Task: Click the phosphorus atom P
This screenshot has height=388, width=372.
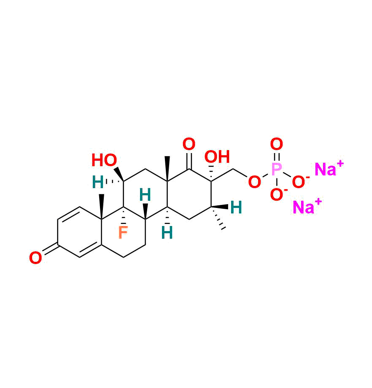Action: pyautogui.click(x=276, y=170)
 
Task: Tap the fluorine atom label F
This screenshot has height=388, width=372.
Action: pyautogui.click(x=123, y=232)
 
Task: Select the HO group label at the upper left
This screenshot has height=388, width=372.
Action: pyautogui.click(x=104, y=160)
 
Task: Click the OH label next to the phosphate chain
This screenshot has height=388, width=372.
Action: pyautogui.click(x=217, y=156)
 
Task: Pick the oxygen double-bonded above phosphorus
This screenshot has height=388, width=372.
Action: pyautogui.click(x=276, y=144)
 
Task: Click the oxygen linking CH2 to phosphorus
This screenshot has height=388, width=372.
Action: pyautogui.click(x=254, y=182)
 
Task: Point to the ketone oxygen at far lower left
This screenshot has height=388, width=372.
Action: pyautogui.click(x=35, y=258)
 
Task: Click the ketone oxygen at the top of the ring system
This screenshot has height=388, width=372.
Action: pyautogui.click(x=189, y=144)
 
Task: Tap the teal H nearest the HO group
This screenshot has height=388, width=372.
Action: pyautogui.click(x=97, y=182)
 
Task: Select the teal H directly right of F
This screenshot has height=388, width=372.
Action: pyautogui.click(x=145, y=195)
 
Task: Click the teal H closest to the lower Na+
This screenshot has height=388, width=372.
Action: pyautogui.click(x=236, y=207)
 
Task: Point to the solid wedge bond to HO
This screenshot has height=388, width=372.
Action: pyautogui.click(x=119, y=174)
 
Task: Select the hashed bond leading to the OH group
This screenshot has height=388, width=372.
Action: pyautogui.click(x=211, y=173)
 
